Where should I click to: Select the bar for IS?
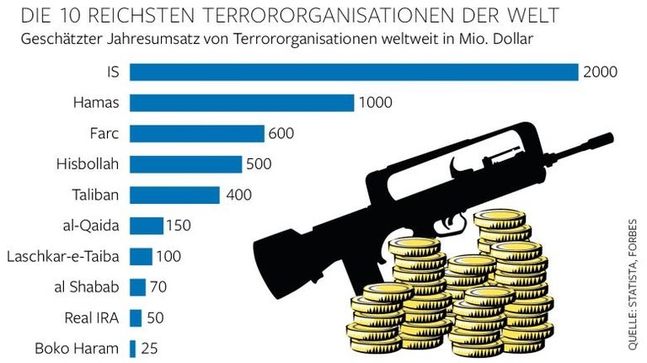click(354, 72)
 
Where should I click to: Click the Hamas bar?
click(242, 103)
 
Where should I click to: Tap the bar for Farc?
click(197, 133)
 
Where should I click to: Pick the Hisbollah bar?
click(185, 164)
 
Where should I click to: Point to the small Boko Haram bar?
click(132, 348)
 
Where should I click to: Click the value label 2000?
click(600, 72)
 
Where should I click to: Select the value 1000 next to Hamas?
click(375, 103)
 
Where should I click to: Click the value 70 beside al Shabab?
click(158, 286)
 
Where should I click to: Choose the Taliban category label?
click(96, 195)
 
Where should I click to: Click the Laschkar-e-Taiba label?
click(63, 256)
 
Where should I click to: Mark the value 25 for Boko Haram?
click(150, 348)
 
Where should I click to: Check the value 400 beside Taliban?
click(238, 195)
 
